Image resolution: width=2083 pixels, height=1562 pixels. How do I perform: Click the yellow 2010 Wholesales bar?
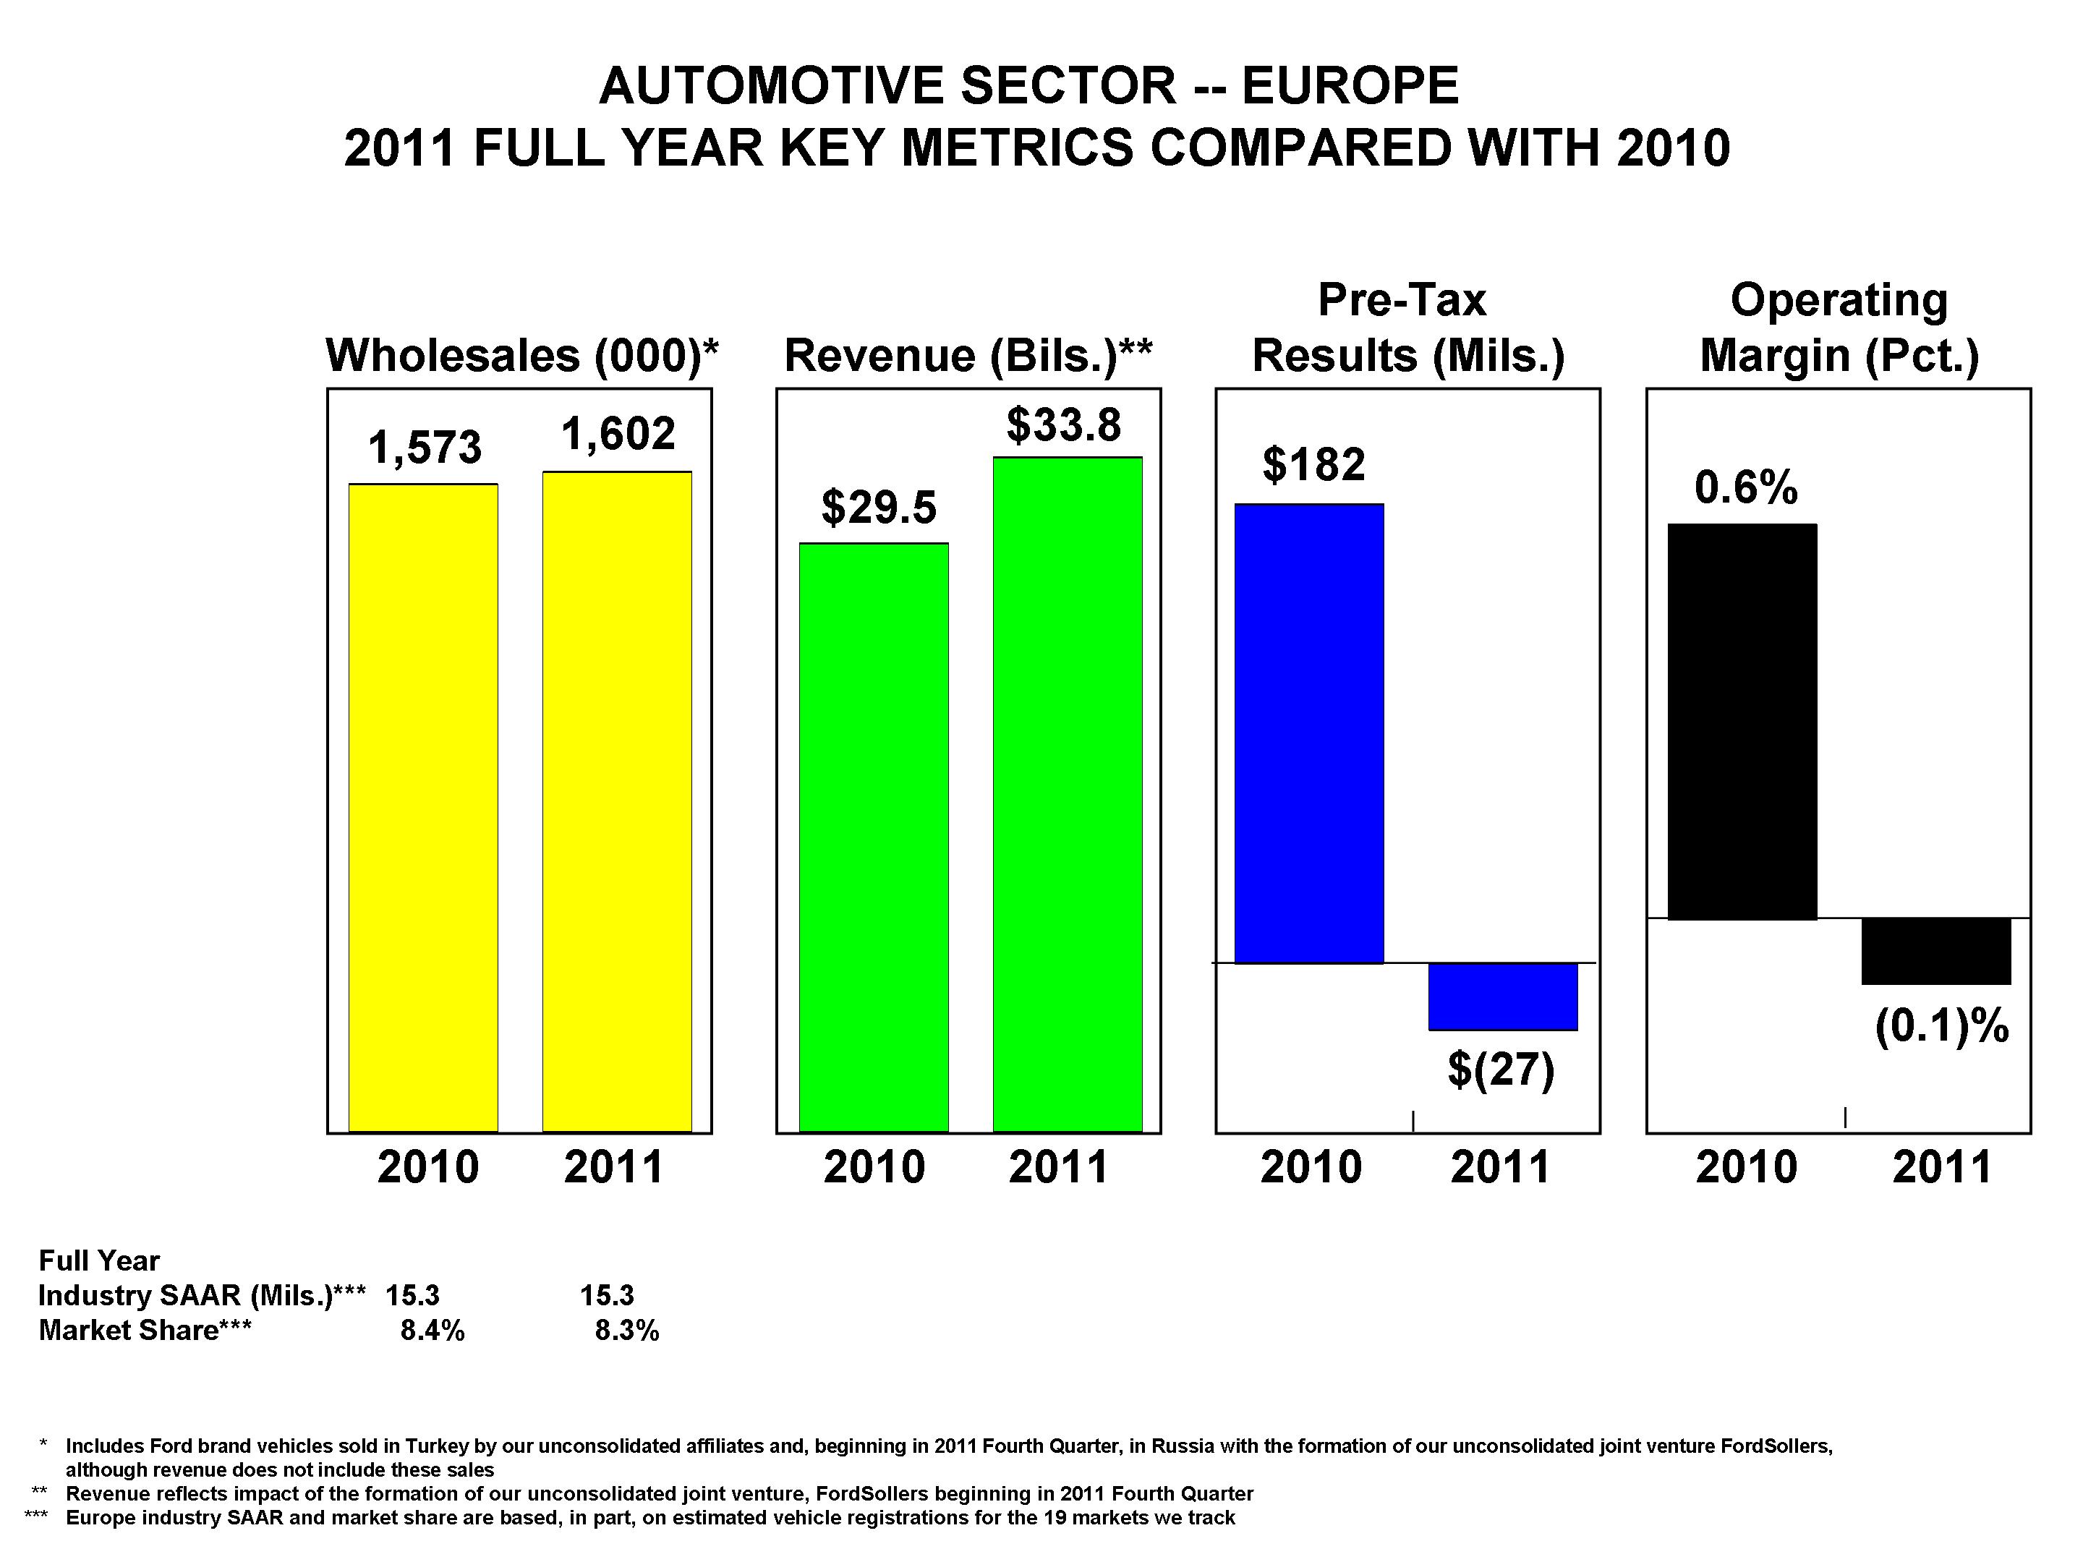tap(423, 807)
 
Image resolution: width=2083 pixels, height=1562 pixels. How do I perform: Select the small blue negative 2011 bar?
tap(1502, 996)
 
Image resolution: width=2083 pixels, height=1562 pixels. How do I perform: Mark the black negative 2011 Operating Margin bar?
tap(1936, 951)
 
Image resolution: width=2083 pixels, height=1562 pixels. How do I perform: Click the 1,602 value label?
tap(618, 434)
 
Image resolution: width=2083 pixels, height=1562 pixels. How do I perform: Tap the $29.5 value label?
tap(879, 508)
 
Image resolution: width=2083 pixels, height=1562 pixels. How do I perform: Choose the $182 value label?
tap(1313, 464)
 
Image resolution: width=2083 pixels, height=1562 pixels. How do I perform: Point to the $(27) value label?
tap(1500, 1070)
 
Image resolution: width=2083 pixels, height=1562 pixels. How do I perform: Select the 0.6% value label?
tap(1746, 487)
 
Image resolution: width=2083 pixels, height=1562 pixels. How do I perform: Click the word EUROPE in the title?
tap(1350, 87)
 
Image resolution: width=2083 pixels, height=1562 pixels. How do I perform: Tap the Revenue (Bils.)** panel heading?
tap(968, 356)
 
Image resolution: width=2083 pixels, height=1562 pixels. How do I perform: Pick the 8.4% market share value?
tap(433, 1331)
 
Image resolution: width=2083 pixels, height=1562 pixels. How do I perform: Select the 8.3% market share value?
tap(627, 1331)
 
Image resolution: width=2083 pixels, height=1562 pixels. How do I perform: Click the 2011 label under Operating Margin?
tap(1942, 1167)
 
